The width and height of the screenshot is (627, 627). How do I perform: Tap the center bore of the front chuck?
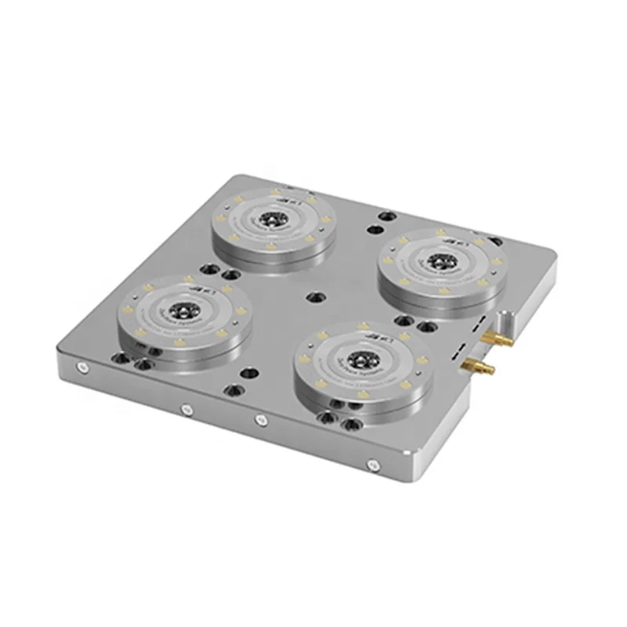click(x=362, y=360)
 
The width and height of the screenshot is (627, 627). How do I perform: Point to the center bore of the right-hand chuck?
click(x=441, y=263)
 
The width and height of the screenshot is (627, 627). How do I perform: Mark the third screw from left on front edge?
click(x=261, y=421)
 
